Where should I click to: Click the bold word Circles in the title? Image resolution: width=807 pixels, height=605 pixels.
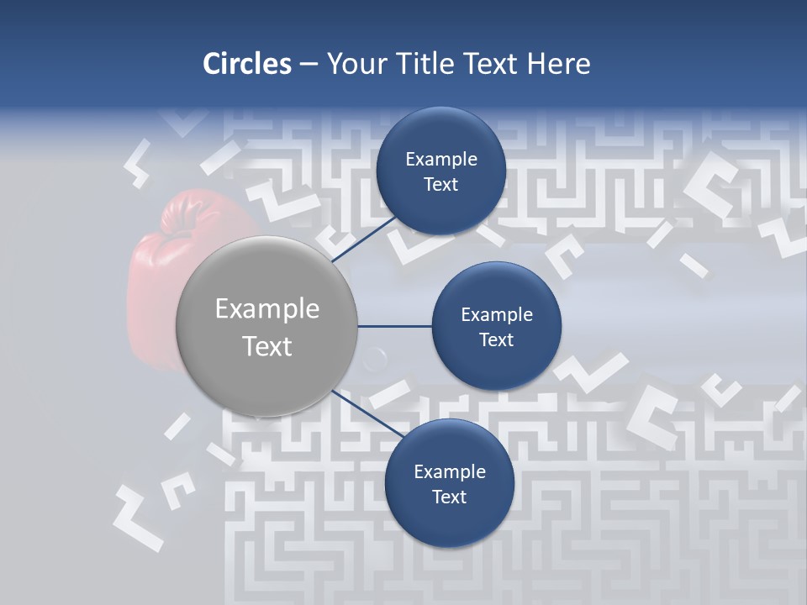pyautogui.click(x=247, y=64)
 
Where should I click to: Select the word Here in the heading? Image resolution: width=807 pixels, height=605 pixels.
pyautogui.click(x=558, y=64)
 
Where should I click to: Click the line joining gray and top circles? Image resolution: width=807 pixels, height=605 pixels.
pyautogui.click(x=366, y=239)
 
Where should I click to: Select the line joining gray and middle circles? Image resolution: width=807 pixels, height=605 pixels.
pyautogui.click(x=395, y=326)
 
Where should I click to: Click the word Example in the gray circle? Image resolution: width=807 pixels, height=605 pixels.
pyautogui.click(x=267, y=309)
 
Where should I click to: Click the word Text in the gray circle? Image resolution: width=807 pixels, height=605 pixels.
pyautogui.click(x=267, y=346)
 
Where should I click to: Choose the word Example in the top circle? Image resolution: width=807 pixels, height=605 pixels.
pyautogui.click(x=441, y=160)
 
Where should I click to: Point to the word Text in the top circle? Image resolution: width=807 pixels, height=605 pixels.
pyautogui.click(x=441, y=185)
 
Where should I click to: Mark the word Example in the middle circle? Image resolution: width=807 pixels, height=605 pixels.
pyautogui.click(x=497, y=315)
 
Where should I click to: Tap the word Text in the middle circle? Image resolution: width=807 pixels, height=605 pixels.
pyautogui.click(x=497, y=340)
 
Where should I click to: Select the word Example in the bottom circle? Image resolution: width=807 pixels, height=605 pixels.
pyautogui.click(x=450, y=472)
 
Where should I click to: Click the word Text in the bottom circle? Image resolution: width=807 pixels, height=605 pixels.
pyautogui.click(x=450, y=497)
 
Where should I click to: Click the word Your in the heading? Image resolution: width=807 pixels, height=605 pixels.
pyautogui.click(x=355, y=64)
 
